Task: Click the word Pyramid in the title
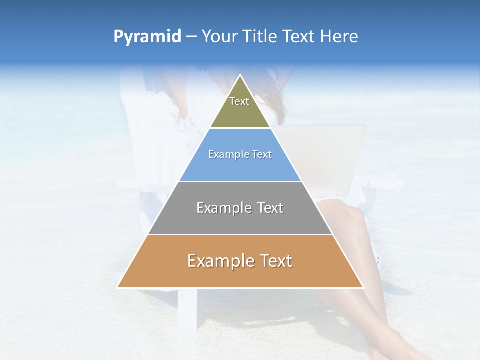147,37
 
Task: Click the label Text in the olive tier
239,101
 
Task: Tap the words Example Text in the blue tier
240,155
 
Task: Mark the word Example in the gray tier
222,208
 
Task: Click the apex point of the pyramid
240,75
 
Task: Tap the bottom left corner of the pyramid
118,287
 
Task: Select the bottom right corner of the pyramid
363,287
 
